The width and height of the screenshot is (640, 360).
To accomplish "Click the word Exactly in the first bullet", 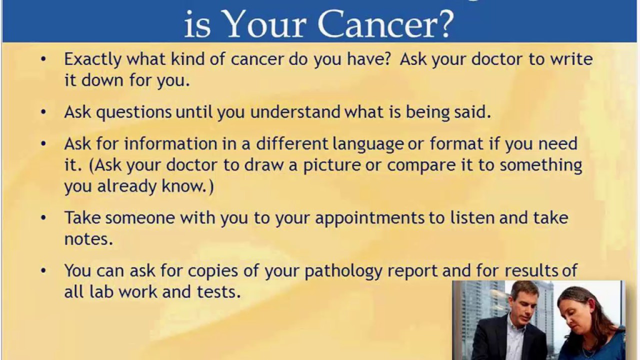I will tap(92, 59).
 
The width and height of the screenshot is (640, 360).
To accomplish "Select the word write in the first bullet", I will tap(571, 59).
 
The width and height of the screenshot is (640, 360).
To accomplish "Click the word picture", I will tap(330, 165).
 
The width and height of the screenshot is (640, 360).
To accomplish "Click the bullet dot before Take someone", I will tap(43, 217).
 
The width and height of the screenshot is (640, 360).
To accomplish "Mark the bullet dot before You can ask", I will tap(43, 270).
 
